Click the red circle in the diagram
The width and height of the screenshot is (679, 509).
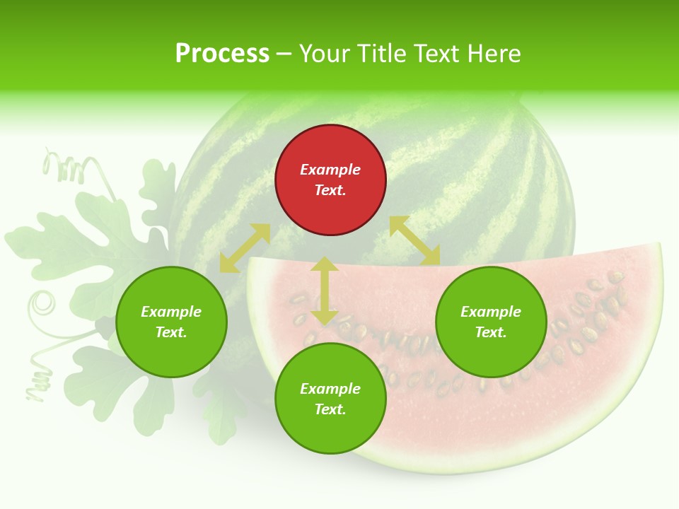(x=330, y=180)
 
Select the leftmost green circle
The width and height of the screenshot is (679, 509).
(x=171, y=322)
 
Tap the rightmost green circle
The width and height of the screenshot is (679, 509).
(x=491, y=322)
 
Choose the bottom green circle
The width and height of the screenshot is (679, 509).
(x=330, y=399)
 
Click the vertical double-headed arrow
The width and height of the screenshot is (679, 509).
(x=325, y=291)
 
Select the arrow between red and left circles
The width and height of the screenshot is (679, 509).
(x=245, y=248)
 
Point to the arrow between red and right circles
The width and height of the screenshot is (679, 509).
(x=414, y=240)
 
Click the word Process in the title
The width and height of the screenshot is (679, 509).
(x=222, y=54)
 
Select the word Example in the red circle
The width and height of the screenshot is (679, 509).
(x=330, y=170)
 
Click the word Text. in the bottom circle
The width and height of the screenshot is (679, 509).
(x=330, y=409)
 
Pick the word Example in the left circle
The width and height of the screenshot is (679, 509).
(x=171, y=312)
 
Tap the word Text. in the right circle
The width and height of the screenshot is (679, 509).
(x=491, y=332)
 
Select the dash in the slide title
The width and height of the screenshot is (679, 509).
(x=284, y=54)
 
